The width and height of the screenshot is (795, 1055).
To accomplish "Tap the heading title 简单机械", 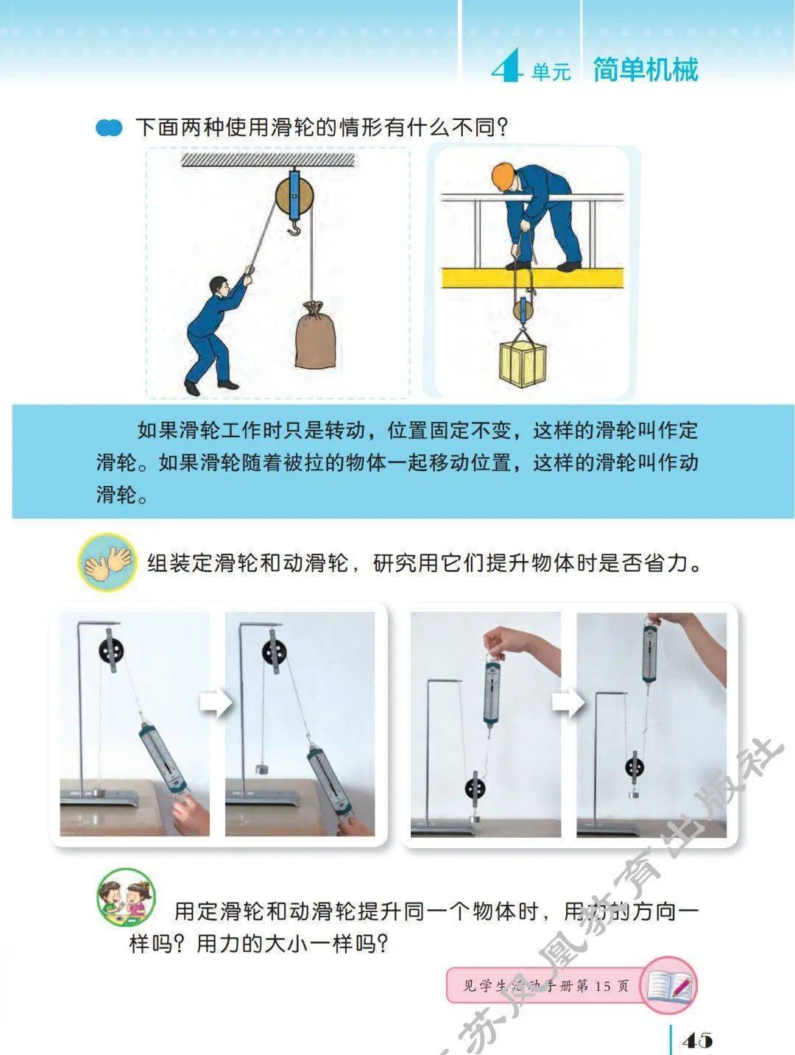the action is click(x=645, y=69).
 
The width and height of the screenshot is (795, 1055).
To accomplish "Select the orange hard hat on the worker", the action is click(x=503, y=176).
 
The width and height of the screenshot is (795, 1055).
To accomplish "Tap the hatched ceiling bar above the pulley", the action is click(x=268, y=160).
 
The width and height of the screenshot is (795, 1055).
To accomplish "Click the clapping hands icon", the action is click(x=107, y=562).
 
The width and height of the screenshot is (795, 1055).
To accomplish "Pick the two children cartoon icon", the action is click(x=125, y=897).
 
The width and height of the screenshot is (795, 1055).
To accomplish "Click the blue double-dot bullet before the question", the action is click(x=109, y=128).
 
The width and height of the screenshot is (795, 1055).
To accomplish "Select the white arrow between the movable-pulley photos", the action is click(x=568, y=702).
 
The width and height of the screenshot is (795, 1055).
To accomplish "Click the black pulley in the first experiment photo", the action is click(x=111, y=652).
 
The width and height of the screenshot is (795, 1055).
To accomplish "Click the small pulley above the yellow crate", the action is click(x=523, y=309).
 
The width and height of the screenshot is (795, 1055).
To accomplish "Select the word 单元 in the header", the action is click(x=551, y=72).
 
